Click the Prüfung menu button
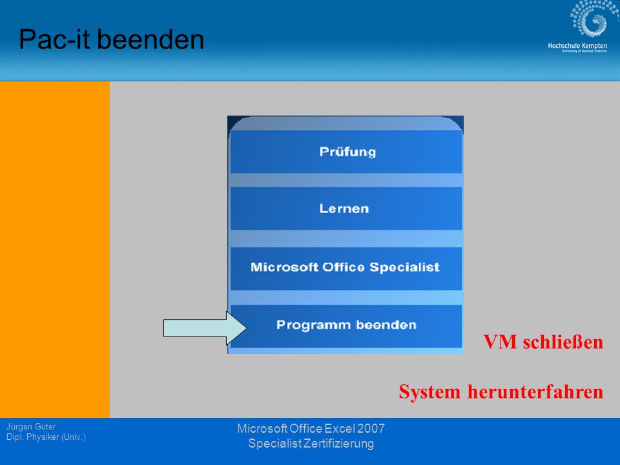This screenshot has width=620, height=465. point(346,152)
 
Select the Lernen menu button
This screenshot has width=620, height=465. point(346,209)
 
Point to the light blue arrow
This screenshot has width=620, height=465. point(205,328)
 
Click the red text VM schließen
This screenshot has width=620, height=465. point(543,342)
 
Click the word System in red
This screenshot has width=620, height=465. point(429,392)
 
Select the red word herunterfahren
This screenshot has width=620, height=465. point(535,392)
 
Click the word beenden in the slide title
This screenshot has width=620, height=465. point(150,39)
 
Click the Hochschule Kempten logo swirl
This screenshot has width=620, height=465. point(589,19)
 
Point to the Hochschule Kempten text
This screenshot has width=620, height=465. point(577,46)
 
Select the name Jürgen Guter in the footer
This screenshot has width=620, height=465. point(31,427)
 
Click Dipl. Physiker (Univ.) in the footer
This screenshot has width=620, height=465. point(46,437)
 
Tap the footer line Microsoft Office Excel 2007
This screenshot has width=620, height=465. point(311,429)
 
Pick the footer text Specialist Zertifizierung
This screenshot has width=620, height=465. point(311,444)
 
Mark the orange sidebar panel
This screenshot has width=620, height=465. point(55,249)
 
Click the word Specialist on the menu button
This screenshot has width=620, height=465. point(404,267)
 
